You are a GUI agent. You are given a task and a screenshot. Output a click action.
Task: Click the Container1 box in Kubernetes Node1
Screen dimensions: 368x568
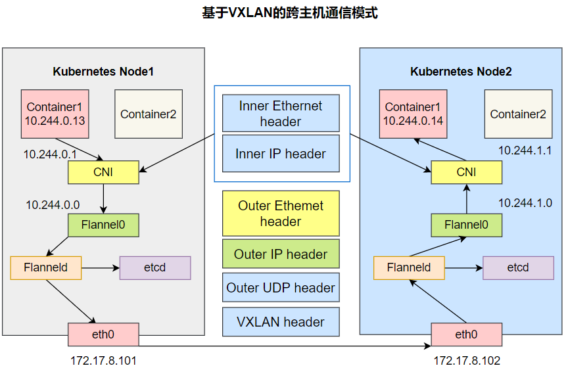[56, 114]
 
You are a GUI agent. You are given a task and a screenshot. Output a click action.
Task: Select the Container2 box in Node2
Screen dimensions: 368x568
[518, 114]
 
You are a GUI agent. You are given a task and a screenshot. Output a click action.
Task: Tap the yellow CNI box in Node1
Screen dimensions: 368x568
[104, 173]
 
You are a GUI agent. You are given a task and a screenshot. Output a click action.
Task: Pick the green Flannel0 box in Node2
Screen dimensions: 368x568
[466, 225]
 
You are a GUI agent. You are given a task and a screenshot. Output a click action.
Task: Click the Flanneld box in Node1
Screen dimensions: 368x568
[46, 267]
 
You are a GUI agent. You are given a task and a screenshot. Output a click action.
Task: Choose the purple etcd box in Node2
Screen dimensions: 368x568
[518, 267]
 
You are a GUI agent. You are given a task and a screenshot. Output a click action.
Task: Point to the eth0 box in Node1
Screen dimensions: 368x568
[103, 334]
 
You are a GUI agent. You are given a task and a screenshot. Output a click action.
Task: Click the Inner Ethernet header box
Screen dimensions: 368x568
[281, 113]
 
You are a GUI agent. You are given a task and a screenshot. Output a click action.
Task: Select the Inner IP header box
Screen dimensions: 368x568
[281, 154]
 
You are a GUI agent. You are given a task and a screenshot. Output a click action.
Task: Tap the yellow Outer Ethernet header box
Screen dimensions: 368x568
[281, 214]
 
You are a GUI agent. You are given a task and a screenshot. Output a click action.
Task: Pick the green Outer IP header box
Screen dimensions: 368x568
[281, 254]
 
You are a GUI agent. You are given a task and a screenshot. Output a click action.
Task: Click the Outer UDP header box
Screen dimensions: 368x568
[281, 288]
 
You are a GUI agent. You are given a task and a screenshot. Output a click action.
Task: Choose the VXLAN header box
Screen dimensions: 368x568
[281, 322]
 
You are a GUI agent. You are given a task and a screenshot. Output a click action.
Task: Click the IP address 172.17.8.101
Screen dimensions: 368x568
[104, 360]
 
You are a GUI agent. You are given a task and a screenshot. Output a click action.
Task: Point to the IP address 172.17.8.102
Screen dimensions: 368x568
[467, 360]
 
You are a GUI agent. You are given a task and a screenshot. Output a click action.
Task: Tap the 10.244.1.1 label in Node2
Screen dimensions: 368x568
[525, 150]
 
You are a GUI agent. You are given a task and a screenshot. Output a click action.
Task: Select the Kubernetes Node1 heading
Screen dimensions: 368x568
[103, 72]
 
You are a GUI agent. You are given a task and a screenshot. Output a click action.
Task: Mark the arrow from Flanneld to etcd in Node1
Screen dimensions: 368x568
[100, 267]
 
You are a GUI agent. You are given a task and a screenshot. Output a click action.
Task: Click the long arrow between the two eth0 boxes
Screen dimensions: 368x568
[283, 344]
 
